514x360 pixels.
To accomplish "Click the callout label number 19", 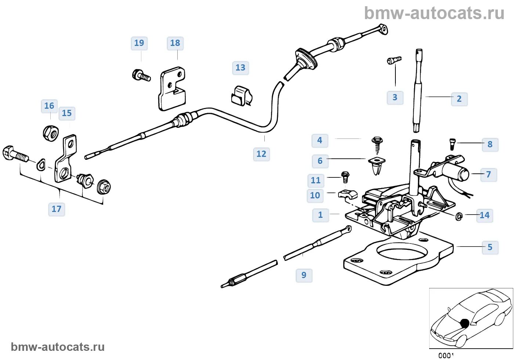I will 139,43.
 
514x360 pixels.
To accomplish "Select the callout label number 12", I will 261,154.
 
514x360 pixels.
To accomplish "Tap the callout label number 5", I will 490,247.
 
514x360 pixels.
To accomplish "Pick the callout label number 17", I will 57,209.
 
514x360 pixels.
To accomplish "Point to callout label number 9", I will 304,275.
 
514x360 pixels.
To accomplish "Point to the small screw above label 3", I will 394,60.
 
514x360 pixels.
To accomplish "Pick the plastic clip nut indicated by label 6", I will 377,164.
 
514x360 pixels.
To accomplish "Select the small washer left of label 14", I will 459,216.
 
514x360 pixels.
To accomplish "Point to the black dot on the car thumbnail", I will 465,323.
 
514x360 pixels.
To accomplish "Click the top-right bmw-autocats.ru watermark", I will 434,13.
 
